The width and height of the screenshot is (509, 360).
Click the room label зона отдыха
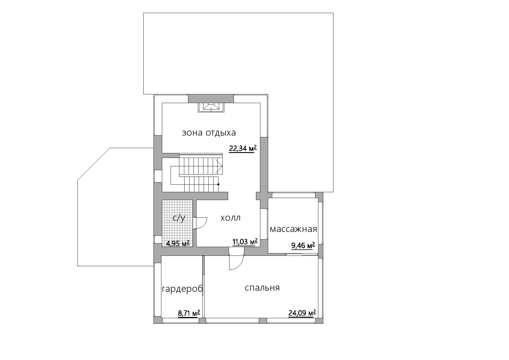209,133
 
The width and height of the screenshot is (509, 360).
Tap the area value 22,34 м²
243,149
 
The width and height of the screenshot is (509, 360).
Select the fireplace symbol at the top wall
211,107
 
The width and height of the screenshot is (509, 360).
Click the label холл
230,218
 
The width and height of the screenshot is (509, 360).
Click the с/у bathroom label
179,218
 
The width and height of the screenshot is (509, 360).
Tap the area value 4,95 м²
178,243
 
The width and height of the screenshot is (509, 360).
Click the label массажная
293,229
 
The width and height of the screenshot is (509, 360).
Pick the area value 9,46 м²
303,246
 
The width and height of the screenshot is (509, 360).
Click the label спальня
262,288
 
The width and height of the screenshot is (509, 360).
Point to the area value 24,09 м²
302,313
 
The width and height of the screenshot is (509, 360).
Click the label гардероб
182,289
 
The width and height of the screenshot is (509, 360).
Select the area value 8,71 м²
189,313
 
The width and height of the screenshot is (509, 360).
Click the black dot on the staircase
218,184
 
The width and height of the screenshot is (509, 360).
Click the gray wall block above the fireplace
211,98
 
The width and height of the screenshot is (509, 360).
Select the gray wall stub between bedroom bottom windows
263,321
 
